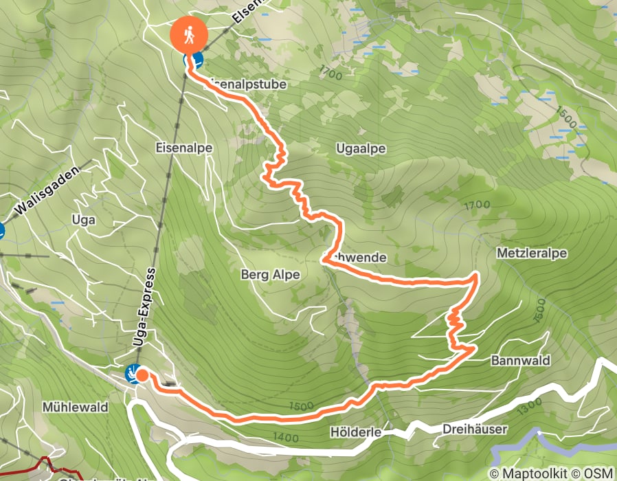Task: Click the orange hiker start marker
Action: pyautogui.click(x=190, y=34)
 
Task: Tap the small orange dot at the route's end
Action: pyautogui.click(x=142, y=375)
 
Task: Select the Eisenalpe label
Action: pyautogui.click(x=184, y=148)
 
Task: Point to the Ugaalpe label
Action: pyautogui.click(x=361, y=148)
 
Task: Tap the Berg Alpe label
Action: pyautogui.click(x=270, y=275)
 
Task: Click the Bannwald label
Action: pyautogui.click(x=521, y=360)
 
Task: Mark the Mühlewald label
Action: pyautogui.click(x=75, y=407)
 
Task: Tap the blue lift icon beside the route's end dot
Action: pyautogui.click(x=131, y=373)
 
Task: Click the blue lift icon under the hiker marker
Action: pyautogui.click(x=197, y=61)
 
